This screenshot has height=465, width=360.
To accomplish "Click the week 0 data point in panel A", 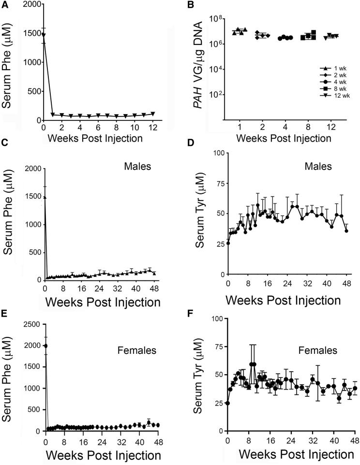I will pos(44,35).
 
